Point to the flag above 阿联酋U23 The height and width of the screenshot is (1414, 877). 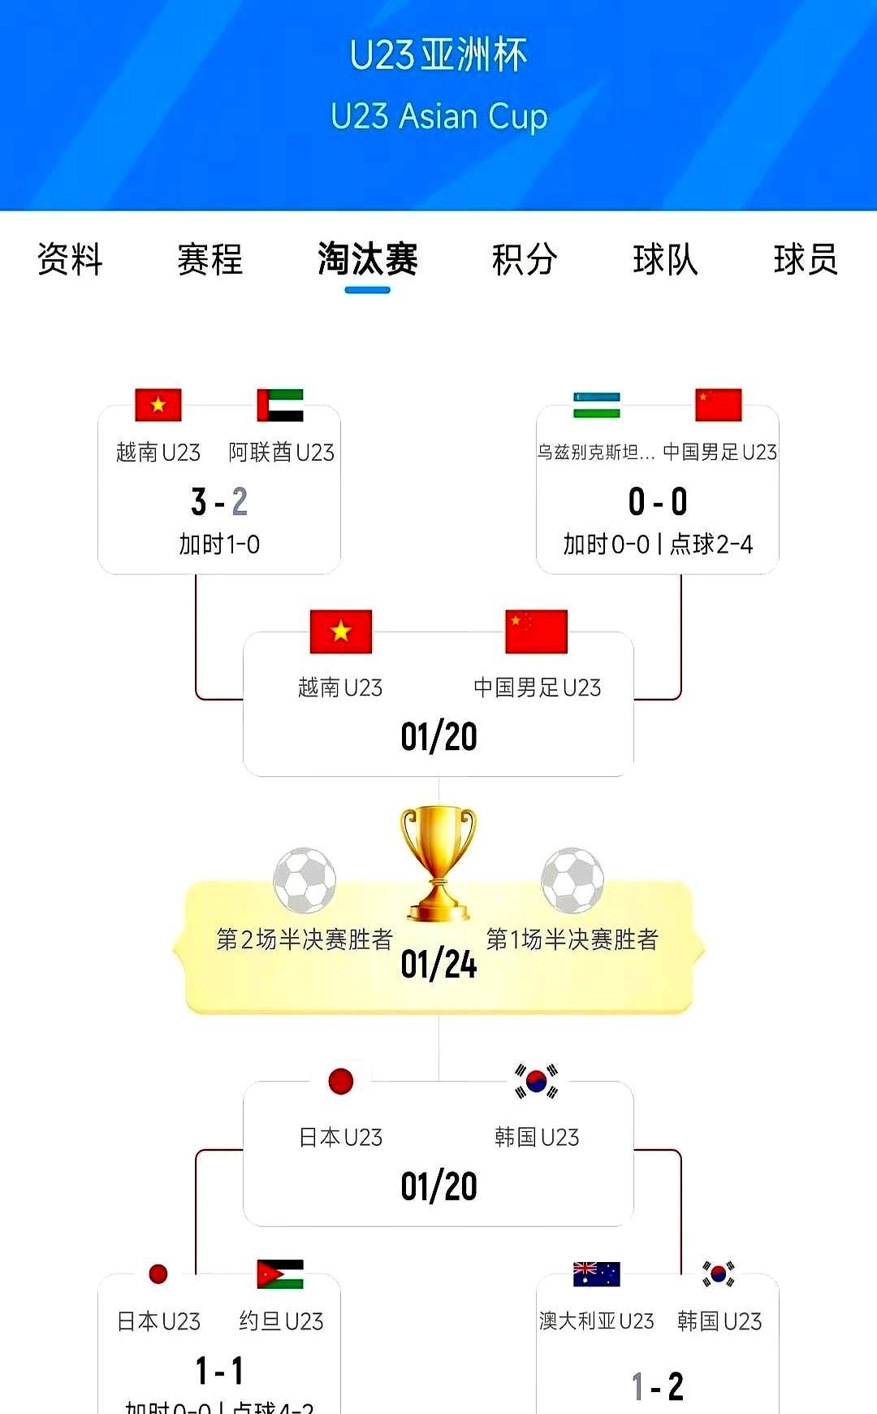point(280,406)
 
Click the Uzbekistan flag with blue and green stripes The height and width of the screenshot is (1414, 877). point(597,406)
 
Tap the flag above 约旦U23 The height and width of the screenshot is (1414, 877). point(280,1274)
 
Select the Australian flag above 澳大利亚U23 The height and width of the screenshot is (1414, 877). point(597,1274)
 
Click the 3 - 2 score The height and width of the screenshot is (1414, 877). point(219,502)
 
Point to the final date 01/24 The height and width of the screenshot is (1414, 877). point(438,965)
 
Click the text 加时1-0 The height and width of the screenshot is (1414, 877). point(219,544)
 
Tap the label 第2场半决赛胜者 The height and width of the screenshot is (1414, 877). point(305,939)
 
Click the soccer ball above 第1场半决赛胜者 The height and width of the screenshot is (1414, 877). point(572,880)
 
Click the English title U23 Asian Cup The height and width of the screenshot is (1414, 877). point(438,116)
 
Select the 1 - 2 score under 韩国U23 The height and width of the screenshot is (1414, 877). point(658,1386)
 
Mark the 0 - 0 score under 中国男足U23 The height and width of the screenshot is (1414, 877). point(658,502)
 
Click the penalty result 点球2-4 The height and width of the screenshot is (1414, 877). point(711,544)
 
